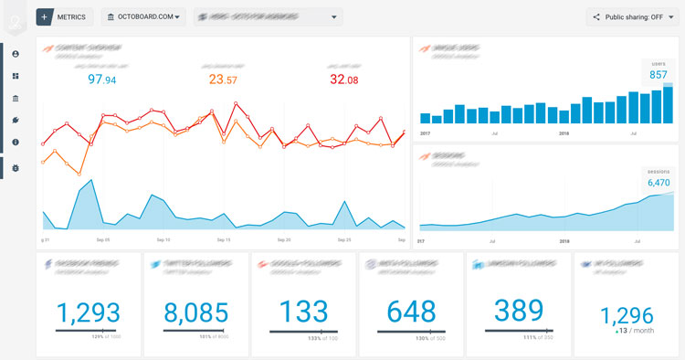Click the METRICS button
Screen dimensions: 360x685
[71, 16]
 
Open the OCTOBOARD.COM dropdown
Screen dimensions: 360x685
[143, 16]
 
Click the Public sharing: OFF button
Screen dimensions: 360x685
[630, 16]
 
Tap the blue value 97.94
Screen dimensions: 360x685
[101, 80]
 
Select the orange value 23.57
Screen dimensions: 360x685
[222, 80]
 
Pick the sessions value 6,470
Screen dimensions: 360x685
[659, 183]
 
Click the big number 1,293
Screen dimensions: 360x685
[88, 312]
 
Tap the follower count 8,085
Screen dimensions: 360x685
[195, 312]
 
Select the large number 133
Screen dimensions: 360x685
[303, 312]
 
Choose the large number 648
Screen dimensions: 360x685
[411, 312]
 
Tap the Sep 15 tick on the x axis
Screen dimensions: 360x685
[222, 239]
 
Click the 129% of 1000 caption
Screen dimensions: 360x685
[101, 337]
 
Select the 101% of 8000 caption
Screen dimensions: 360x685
[209, 337]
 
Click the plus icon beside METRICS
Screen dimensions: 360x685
[45, 16]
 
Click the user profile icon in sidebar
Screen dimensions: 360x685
[16, 55]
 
